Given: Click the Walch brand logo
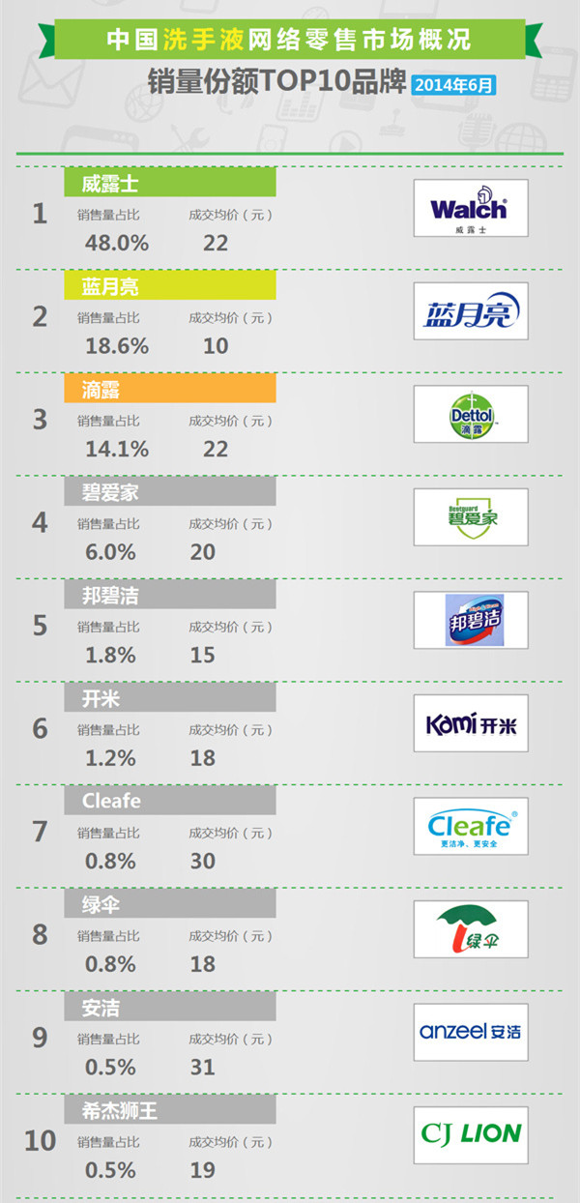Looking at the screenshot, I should click(x=471, y=208).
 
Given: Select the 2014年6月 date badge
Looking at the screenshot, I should click(x=454, y=85).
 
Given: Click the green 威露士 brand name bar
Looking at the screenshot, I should click(x=170, y=183).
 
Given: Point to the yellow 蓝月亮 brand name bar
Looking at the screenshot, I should click(x=170, y=285).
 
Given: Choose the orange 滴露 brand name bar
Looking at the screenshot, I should click(x=170, y=389).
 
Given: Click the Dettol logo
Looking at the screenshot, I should click(x=471, y=415).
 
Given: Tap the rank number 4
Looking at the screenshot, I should click(x=40, y=523).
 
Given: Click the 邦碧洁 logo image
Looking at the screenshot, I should click(x=471, y=621).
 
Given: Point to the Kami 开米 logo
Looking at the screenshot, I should click(x=471, y=723).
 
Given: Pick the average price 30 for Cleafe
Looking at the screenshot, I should click(x=203, y=861).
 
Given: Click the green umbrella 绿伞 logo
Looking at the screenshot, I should click(x=471, y=929).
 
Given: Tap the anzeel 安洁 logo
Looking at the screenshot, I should click(x=471, y=1032).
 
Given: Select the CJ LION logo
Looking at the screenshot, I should click(x=471, y=1134).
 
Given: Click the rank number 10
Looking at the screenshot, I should click(x=40, y=1141).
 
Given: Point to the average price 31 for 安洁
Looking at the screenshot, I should click(x=203, y=1068).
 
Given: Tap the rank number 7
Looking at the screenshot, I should click(x=40, y=832).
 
